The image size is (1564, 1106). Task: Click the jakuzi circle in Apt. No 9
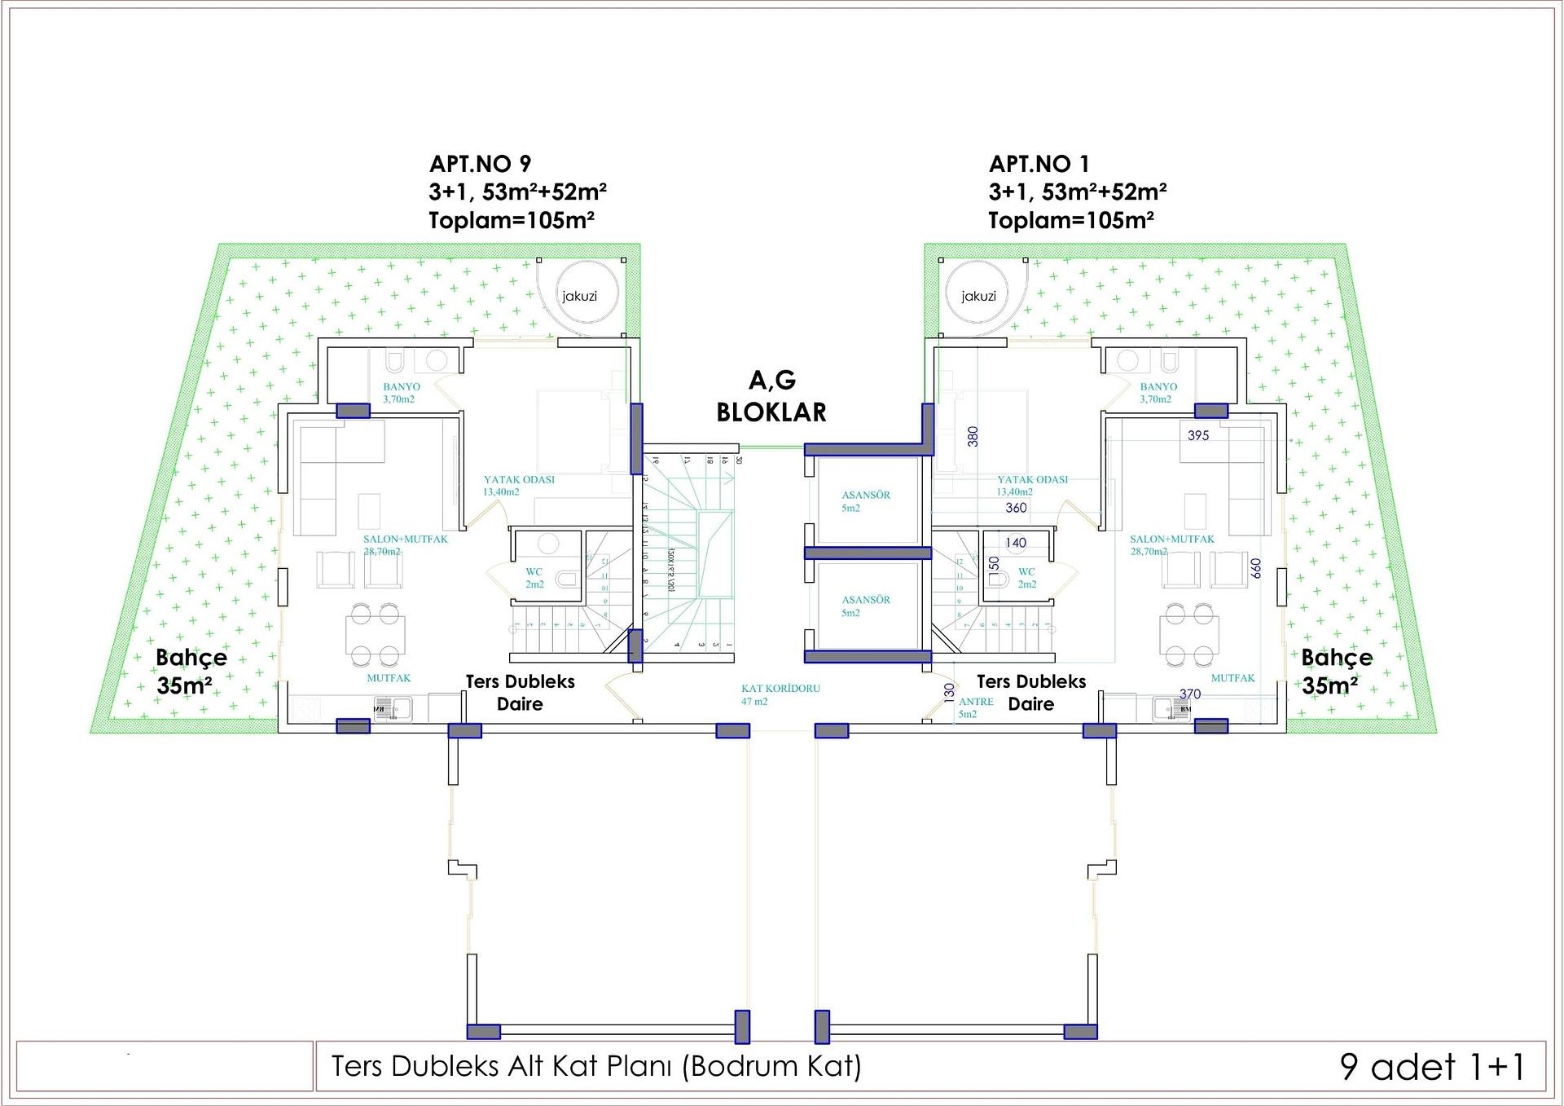tap(579, 295)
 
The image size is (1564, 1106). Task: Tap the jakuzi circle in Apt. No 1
tap(978, 295)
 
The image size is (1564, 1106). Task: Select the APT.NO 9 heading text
tap(480, 164)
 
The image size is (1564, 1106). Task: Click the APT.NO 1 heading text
tap(1039, 164)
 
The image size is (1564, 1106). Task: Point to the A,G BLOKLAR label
tap(771, 396)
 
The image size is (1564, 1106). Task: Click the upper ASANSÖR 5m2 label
tap(865, 500)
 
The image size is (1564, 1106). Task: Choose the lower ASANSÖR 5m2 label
tap(865, 606)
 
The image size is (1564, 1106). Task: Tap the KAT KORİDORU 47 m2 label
tap(780, 694)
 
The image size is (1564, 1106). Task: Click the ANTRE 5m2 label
tap(975, 707)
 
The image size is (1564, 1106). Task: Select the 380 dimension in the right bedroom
tap(973, 437)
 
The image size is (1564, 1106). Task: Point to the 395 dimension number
tap(1198, 435)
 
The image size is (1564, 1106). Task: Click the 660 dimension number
tap(1255, 568)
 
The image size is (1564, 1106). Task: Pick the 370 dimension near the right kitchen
tap(1190, 694)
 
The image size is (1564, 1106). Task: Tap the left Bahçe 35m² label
tap(191, 671)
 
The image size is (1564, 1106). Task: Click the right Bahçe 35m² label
tap(1336, 671)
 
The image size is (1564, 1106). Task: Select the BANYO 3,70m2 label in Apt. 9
tap(401, 393)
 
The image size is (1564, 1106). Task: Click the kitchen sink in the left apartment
tap(393, 708)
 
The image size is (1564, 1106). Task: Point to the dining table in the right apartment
tap(1189, 635)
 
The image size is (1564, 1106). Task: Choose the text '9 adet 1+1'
tap(1431, 1066)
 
